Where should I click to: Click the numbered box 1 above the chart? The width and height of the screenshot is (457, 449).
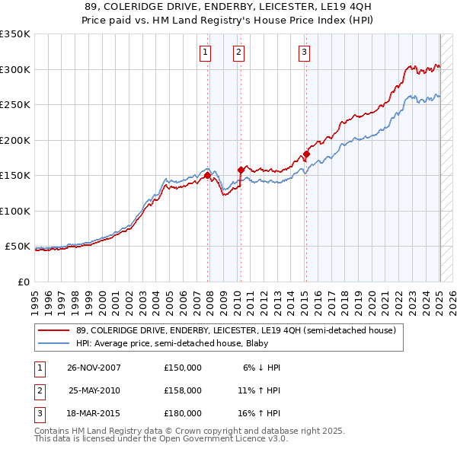[206, 53]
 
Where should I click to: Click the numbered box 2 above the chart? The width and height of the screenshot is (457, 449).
[238, 53]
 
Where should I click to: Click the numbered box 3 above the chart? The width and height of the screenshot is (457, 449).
[304, 53]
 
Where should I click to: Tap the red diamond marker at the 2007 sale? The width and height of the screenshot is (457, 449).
[208, 176]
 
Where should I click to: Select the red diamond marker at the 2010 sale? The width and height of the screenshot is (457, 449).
[241, 170]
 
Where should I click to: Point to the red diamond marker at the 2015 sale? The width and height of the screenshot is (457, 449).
[306, 154]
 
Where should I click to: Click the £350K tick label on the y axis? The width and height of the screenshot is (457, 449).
[15, 34]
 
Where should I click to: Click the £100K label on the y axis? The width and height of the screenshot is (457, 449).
[15, 211]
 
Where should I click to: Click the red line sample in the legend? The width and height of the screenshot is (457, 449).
[53, 331]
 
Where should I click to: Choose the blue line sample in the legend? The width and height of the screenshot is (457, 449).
[53, 343]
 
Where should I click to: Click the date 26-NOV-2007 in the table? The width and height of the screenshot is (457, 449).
[94, 368]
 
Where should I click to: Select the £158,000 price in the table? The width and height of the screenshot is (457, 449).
[183, 390]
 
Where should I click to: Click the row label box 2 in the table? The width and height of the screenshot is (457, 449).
[39, 390]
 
